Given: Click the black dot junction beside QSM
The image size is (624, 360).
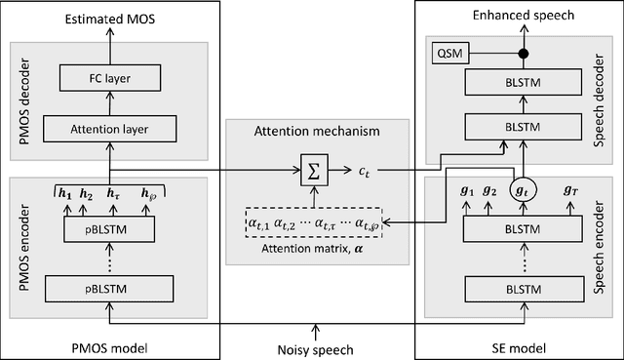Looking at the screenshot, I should point(524,51).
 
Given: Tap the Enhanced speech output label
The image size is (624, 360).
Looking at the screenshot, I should point(524,17).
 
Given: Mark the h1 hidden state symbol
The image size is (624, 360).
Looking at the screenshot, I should point(61,192).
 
